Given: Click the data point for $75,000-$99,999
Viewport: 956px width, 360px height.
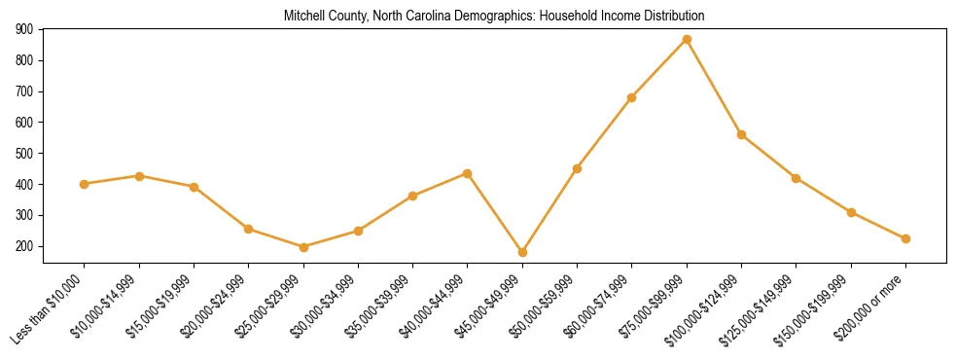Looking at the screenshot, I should tap(687, 40).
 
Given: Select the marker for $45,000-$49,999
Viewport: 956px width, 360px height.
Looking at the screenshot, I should tap(522, 252).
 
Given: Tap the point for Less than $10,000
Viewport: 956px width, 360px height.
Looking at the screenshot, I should tap(85, 184).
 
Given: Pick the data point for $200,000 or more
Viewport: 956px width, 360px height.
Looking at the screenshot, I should tap(905, 238).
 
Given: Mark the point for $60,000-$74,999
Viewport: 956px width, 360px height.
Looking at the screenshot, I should tap(632, 97).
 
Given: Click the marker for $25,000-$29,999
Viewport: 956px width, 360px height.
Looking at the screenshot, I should tap(303, 247).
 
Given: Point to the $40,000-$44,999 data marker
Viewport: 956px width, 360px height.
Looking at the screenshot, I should tap(468, 173).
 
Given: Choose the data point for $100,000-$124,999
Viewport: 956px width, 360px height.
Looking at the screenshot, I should tap(741, 134).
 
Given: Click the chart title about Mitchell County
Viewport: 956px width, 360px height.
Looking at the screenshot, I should tap(494, 17).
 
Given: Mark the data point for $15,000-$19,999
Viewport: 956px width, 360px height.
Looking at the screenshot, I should tap(194, 187).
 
